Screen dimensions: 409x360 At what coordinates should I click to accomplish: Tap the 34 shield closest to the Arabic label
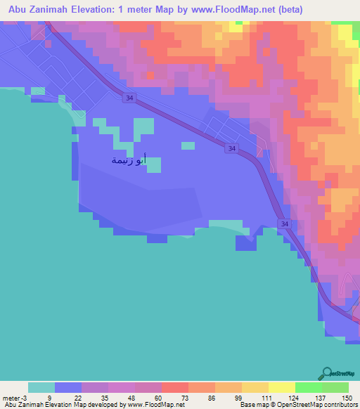pyautogui.click(x=231, y=148)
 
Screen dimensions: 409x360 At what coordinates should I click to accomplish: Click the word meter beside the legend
pyautogui.click(x=13, y=397)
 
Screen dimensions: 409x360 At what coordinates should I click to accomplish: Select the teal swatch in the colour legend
pyautogui.click(x=41, y=387)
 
